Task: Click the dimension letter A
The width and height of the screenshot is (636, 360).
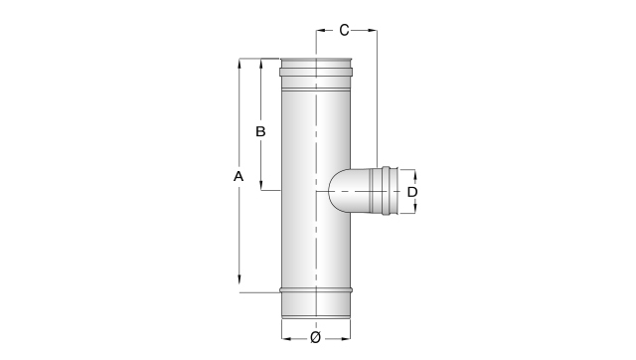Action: [238, 177]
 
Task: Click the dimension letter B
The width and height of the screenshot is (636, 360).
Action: [260, 131]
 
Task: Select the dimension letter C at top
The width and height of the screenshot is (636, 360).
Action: [344, 30]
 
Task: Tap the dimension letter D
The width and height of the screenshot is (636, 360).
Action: [412, 192]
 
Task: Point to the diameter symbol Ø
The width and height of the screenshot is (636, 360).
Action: [316, 338]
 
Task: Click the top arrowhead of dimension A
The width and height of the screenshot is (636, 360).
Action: [239, 64]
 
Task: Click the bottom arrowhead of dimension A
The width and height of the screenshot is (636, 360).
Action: [239, 279]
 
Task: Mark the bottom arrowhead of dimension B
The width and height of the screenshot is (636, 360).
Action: [260, 186]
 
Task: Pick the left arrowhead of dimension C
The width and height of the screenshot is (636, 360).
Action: [321, 30]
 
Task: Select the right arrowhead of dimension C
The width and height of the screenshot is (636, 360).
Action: [372, 30]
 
